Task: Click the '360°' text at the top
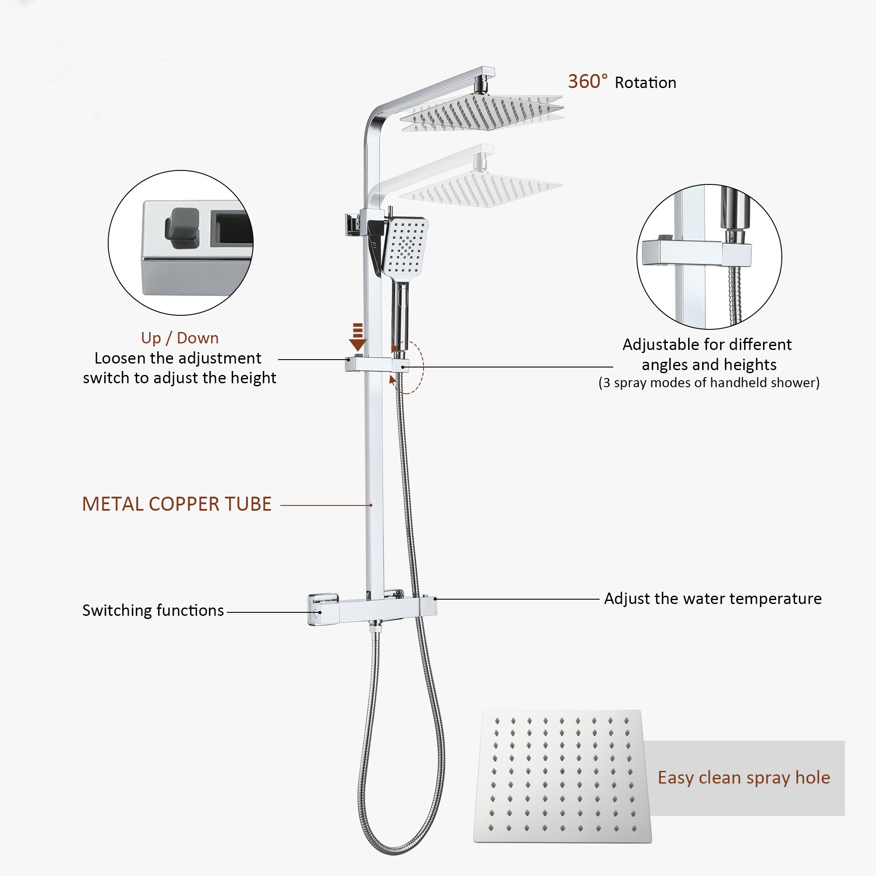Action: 588,81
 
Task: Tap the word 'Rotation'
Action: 645,83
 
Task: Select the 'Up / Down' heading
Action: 180,338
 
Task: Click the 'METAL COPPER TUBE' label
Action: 177,504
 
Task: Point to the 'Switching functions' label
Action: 153,611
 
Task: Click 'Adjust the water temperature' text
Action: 713,599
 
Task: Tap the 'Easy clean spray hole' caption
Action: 744,778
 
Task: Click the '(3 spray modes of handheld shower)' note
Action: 709,383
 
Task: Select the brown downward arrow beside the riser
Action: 358,337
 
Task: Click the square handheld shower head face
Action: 406,247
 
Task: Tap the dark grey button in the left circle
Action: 182,228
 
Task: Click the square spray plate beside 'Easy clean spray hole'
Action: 562,776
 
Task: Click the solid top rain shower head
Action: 481,113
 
